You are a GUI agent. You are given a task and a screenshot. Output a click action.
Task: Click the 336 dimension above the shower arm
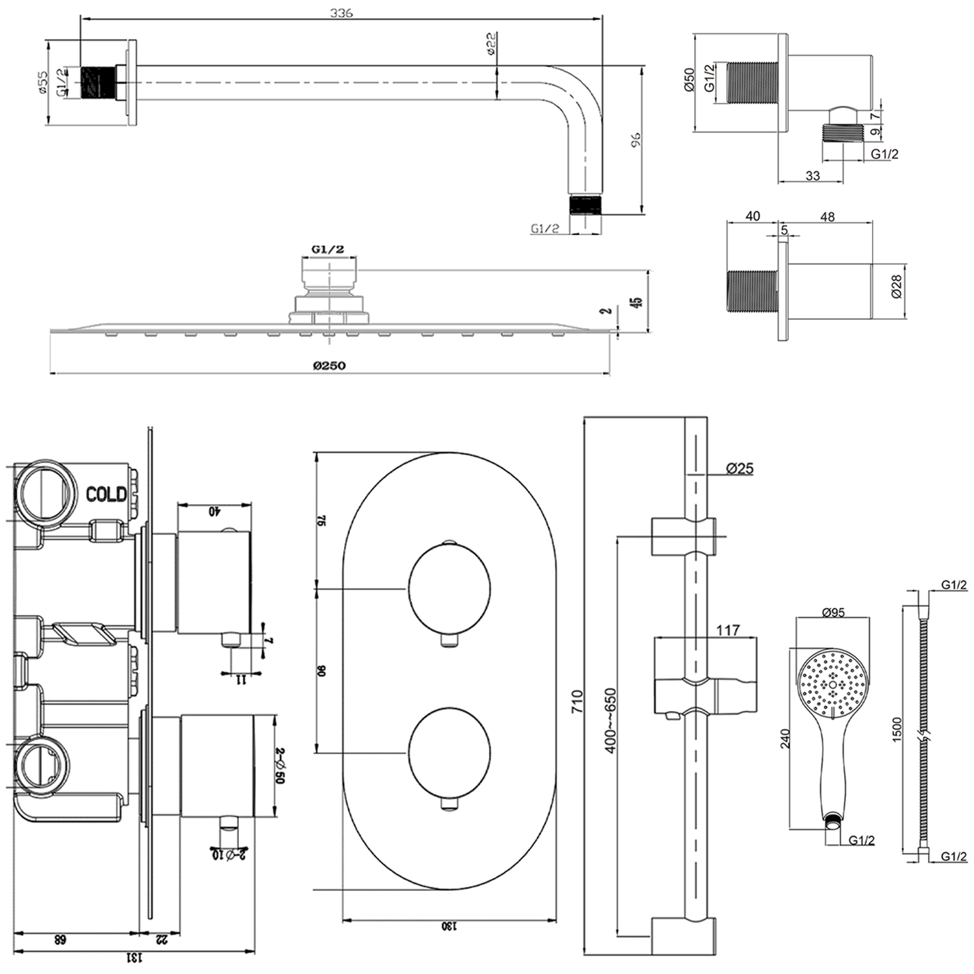pos(342,12)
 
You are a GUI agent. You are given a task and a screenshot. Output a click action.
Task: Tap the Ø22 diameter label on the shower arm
pos(492,44)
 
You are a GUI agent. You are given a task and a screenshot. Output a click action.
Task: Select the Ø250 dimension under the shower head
pos(329,366)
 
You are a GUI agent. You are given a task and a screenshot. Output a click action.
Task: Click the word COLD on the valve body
pos(106,495)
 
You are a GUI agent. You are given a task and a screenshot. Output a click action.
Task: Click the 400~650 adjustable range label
pos(610,721)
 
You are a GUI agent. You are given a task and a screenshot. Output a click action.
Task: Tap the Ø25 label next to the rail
pos(740,468)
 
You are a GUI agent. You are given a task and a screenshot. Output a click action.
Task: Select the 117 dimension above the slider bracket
pos(727,630)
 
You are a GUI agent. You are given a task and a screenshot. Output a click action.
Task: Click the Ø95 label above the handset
pos(832,612)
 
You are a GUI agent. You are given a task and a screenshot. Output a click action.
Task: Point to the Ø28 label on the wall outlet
pos(896,286)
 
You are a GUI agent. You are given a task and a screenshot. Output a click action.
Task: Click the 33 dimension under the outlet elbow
pos(812,175)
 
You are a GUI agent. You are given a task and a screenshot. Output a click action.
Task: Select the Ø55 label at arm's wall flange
pos(42,82)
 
